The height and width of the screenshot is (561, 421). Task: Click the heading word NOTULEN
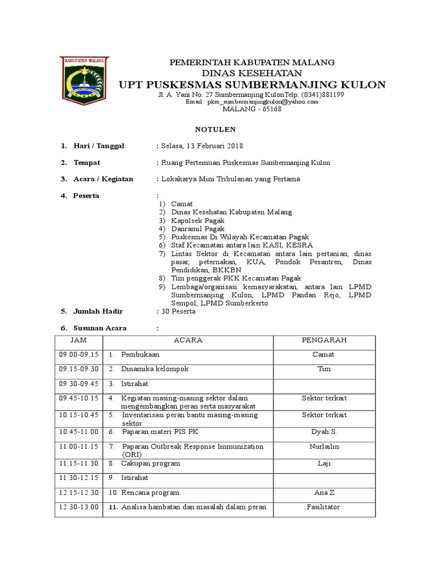(216, 129)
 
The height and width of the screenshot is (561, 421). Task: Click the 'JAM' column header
(79, 340)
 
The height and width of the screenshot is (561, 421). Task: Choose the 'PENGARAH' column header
(324, 340)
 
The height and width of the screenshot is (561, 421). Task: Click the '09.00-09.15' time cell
(78, 354)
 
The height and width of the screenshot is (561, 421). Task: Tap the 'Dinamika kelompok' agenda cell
(155, 369)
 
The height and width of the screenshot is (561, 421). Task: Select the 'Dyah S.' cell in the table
(324, 432)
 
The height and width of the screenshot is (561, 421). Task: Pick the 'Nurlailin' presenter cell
(324, 446)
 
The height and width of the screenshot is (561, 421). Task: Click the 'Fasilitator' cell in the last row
(323, 507)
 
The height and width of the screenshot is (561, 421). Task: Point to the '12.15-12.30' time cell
(78, 493)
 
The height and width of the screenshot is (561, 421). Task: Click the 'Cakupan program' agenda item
(151, 463)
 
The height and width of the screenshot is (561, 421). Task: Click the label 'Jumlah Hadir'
(99, 311)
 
